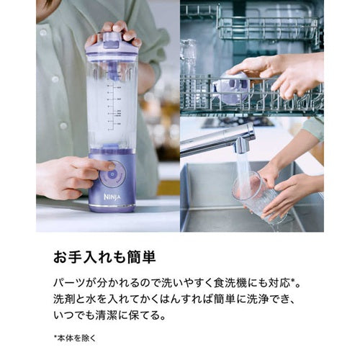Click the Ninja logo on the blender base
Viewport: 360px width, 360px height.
coord(112,197)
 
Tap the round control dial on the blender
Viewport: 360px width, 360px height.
coord(112,174)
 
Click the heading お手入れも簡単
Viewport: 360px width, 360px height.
coord(104,257)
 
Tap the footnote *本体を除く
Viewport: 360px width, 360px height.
coord(75,338)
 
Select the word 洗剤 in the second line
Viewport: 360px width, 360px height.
coord(63,300)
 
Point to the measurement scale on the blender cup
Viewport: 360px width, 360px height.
coord(113,106)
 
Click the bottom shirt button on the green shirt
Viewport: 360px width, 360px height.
coord(63,125)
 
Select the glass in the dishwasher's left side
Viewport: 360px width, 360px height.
coord(189,58)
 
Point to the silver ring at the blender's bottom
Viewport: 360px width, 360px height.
coord(112,206)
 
